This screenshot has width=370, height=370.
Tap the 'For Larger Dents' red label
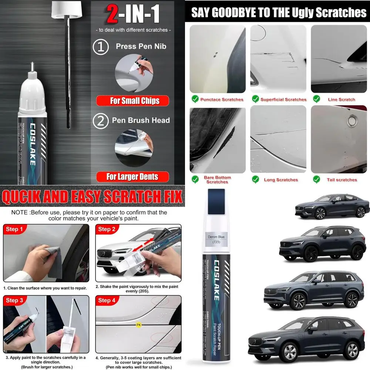[x=132, y=176]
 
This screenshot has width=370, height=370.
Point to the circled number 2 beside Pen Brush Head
[x=100, y=121]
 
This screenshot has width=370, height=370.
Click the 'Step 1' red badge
[x=14, y=229]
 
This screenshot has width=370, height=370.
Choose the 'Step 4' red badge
[x=107, y=300]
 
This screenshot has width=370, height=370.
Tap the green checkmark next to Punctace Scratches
[x=195, y=99]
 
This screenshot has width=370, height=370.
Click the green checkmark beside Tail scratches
[x=316, y=179]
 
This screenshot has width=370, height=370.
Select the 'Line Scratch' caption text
[x=341, y=100]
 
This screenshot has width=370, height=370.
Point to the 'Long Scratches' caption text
[x=280, y=180]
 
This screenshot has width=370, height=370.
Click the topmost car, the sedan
[x=332, y=206]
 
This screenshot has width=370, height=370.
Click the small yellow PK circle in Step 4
[x=139, y=325]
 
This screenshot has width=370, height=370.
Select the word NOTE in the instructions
[x=19, y=212]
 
